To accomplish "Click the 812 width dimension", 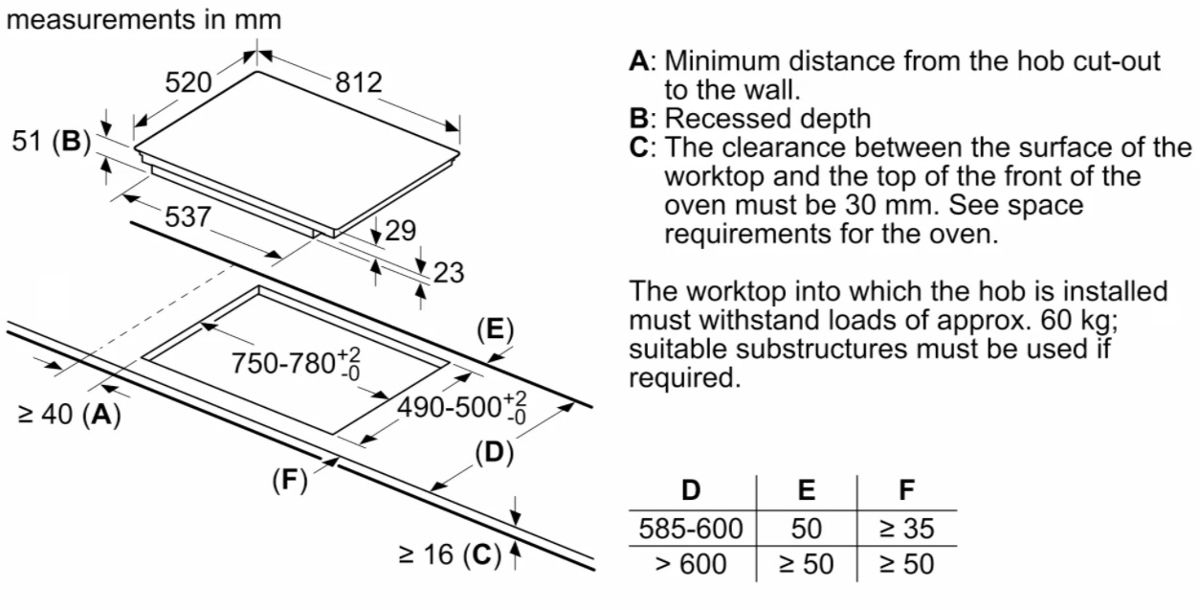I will tap(358, 83).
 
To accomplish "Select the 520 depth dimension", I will tap(189, 83).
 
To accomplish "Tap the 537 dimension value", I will tap(188, 216).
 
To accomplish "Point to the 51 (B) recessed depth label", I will tap(51, 142).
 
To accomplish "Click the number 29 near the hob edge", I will tap(400, 230).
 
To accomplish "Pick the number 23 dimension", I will tap(448, 273).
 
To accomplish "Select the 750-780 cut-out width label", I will tap(296, 364).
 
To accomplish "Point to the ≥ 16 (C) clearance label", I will tap(449, 554).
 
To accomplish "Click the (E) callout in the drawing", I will tap(495, 330).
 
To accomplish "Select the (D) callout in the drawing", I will tap(494, 452).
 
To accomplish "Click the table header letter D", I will tap(690, 490).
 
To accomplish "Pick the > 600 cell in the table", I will tap(690, 564).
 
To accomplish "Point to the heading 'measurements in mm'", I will tap(144, 20).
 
